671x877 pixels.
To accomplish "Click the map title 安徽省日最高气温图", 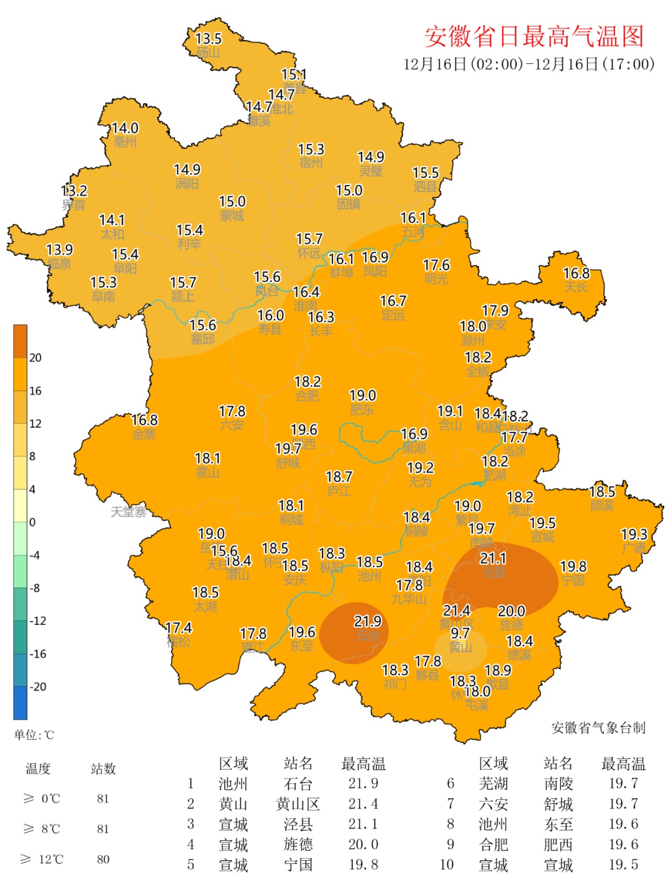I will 534,37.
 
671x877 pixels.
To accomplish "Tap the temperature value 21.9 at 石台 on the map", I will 367,621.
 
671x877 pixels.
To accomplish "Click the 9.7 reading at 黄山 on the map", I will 460,633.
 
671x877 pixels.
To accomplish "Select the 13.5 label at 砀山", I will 208,39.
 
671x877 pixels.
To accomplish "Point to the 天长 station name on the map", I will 575,287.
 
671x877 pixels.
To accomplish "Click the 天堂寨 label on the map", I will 129,512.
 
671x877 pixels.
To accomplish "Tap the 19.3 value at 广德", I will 634,534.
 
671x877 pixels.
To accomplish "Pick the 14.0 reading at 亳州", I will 125,128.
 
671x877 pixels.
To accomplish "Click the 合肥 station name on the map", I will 307,396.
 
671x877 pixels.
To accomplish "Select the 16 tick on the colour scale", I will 35,391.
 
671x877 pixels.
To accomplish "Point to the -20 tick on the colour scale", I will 39,686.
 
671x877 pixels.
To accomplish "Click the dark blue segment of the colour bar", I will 21,702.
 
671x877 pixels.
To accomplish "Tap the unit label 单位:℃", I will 34,735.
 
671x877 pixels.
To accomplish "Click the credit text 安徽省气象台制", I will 598,728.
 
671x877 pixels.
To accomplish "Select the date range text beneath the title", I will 529,65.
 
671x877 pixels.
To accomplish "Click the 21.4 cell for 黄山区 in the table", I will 363,804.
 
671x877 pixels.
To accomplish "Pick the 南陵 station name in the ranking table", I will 558,784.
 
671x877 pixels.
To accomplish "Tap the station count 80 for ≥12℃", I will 103,859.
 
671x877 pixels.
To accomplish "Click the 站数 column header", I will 103,769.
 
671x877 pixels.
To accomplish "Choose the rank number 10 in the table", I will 447,865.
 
